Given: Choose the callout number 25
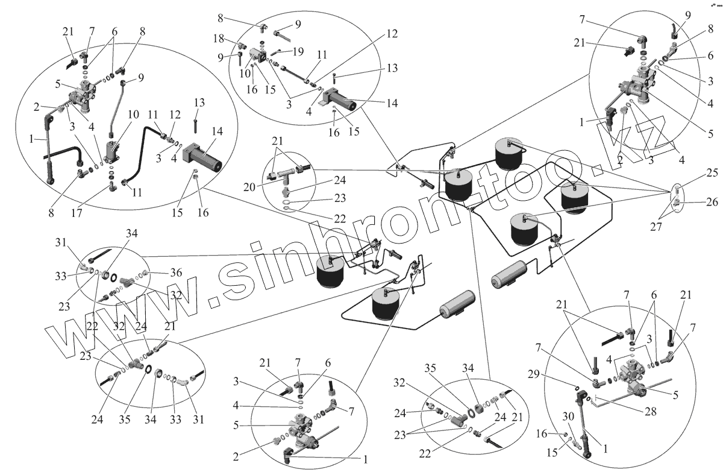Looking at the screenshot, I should (x=712, y=174).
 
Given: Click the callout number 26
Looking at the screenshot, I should (x=712, y=202).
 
